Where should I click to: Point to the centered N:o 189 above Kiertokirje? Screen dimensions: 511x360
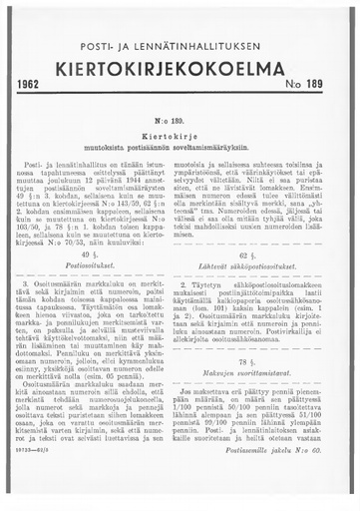(x=180, y=118)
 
